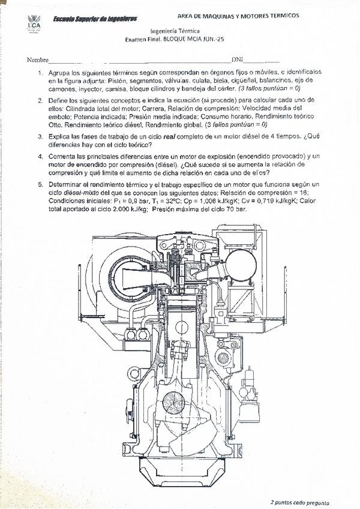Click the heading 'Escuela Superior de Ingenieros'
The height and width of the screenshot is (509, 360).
(94, 19)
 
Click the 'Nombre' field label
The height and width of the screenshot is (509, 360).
(37, 60)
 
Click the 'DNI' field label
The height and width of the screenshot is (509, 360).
(238, 60)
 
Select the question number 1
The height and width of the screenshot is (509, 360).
(40, 73)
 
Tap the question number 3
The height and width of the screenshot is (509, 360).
(40, 137)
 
